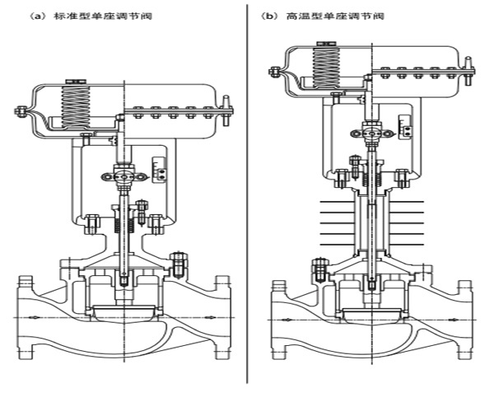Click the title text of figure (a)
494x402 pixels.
coord(91,16)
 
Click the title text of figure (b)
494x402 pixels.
coord(323,16)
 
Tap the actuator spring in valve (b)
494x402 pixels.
coord(326,66)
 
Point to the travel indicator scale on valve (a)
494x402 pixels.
coord(159,170)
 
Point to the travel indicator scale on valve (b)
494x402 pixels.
coord(405,126)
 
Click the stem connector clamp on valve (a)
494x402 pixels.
coord(123,177)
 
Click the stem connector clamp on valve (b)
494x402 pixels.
coord(372,133)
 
